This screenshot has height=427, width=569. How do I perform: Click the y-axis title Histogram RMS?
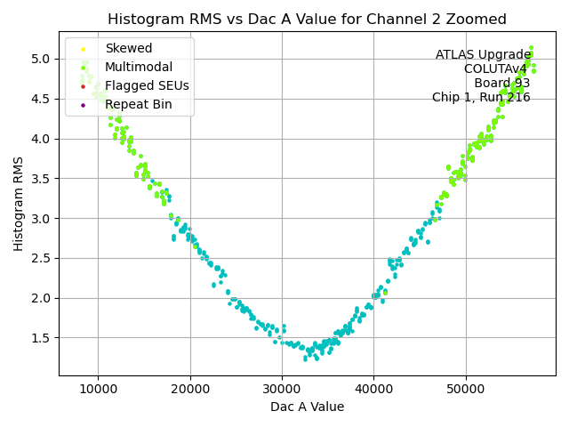[x=19, y=204]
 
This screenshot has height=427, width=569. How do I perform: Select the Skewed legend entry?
[x=128, y=48]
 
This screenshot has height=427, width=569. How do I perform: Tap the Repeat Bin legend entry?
[x=138, y=104]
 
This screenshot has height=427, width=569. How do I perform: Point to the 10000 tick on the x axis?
[x=98, y=389]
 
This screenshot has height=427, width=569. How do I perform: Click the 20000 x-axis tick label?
[x=190, y=389]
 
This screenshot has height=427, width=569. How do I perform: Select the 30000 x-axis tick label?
[x=282, y=389]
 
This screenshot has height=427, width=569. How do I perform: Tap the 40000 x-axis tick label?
[x=373, y=389]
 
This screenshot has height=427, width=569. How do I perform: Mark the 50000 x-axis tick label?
[x=466, y=389]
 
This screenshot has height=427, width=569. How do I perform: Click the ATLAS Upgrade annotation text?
[x=483, y=55]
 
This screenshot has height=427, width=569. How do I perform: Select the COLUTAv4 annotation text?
[x=496, y=69]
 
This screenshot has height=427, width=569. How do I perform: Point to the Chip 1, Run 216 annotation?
[x=481, y=98]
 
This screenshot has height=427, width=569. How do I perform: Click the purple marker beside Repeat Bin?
[x=84, y=105]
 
